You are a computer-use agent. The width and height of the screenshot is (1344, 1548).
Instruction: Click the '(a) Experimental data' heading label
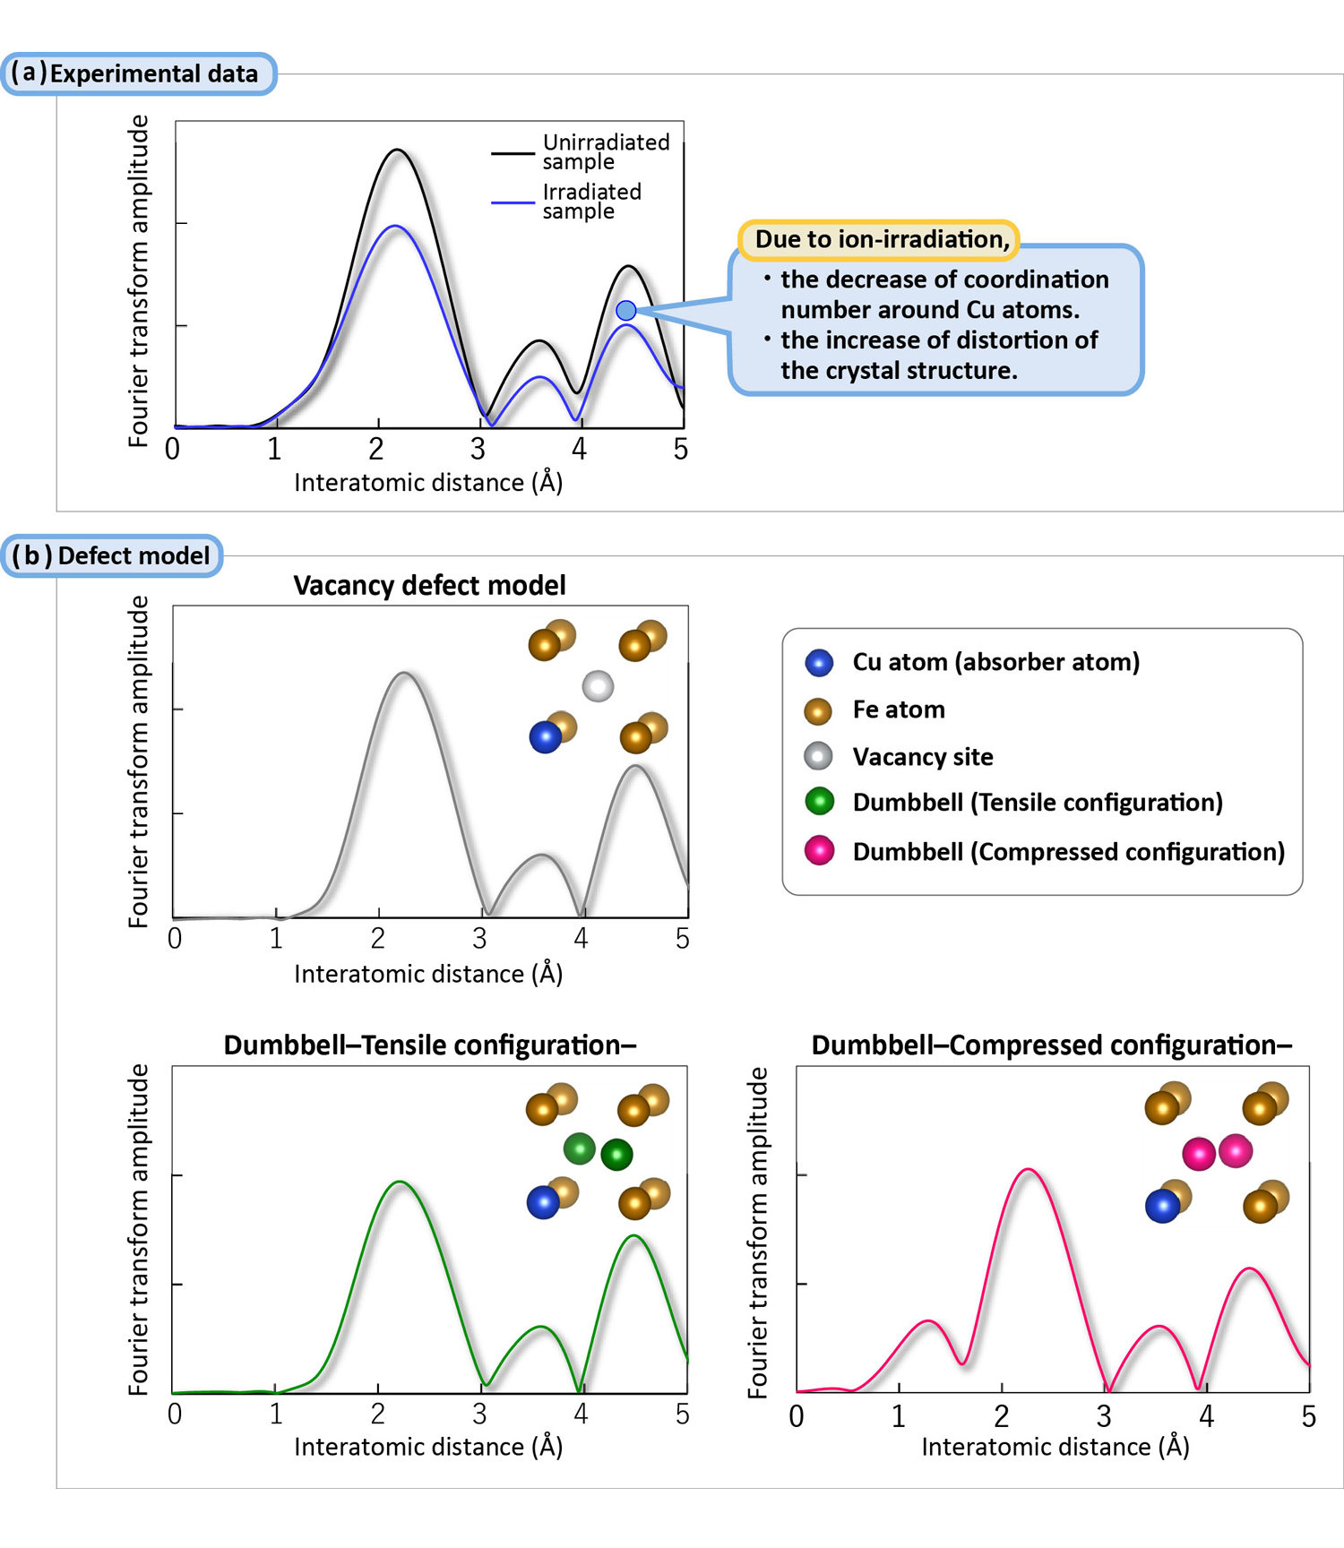pos(139,73)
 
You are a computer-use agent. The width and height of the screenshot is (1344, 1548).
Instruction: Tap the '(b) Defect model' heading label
pos(112,555)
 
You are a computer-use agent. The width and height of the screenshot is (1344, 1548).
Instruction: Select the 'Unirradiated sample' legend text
pos(606,151)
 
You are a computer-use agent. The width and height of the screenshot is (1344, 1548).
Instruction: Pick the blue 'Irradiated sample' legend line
pos(513,203)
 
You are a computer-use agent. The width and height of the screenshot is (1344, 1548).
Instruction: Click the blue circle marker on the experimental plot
pos(626,311)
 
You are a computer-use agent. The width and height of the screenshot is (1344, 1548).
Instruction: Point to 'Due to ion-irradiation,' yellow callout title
pos(882,239)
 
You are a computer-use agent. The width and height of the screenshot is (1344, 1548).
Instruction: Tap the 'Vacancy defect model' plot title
pos(429,585)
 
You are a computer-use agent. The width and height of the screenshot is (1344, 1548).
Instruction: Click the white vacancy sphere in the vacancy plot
pos(598,686)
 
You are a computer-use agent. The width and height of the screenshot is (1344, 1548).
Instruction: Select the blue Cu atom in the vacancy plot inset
pos(545,737)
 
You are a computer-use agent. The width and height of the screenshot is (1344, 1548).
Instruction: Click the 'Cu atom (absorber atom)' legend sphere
pos(819,662)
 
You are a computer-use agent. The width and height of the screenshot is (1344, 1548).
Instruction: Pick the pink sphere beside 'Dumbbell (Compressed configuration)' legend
pos(819,850)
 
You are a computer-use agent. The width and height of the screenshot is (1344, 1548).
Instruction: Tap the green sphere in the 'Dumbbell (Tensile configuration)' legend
pos(819,802)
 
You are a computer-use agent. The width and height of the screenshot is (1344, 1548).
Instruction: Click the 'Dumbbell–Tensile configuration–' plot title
pos(429,1045)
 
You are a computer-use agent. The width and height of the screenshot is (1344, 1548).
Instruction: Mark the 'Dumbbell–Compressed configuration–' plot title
pos(1051,1045)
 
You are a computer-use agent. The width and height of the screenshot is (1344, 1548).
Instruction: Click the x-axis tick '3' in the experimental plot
pos(478,449)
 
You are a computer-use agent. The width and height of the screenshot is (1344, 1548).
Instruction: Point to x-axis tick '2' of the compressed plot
pos(1001,1416)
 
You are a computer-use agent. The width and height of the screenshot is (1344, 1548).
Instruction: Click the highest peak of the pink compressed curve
pos(1029,1169)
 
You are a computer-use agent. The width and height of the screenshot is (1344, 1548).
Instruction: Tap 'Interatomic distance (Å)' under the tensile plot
pos(428,1447)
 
